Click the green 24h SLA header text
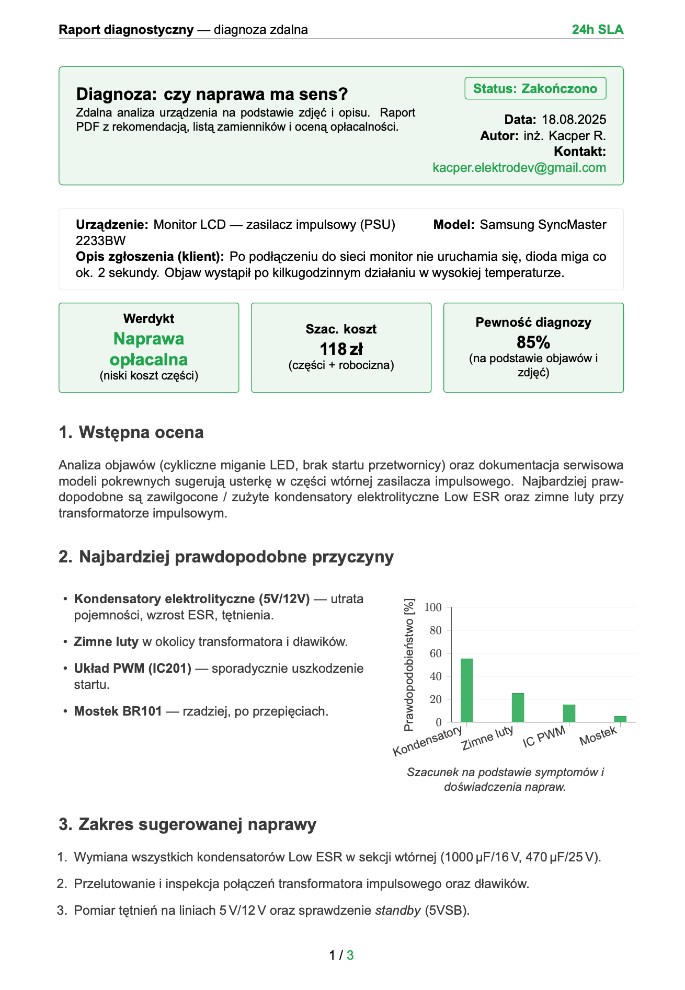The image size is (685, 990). coord(597,30)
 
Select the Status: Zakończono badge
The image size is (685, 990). coord(535,88)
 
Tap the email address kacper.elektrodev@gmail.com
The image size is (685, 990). coord(519,168)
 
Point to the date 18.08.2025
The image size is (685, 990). coord(574,120)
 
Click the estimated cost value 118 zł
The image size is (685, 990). coord(341,349)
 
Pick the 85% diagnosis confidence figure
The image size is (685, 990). coord(533,342)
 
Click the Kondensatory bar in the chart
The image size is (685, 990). coord(466,690)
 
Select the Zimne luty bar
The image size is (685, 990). coord(518,707)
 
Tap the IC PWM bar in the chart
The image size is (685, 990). coord(569,713)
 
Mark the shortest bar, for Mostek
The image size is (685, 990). coord(620,719)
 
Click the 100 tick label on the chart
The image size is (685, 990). coord(433,607)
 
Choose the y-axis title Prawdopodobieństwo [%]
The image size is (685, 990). coord(409,664)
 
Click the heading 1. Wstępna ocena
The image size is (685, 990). coord(131,432)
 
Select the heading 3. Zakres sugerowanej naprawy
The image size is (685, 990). coord(188,824)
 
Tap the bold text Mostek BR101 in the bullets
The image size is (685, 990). coord(118,711)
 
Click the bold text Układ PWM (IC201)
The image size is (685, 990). coord(133,668)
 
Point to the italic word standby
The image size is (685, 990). coord(398,910)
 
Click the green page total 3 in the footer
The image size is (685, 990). coord(350,955)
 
